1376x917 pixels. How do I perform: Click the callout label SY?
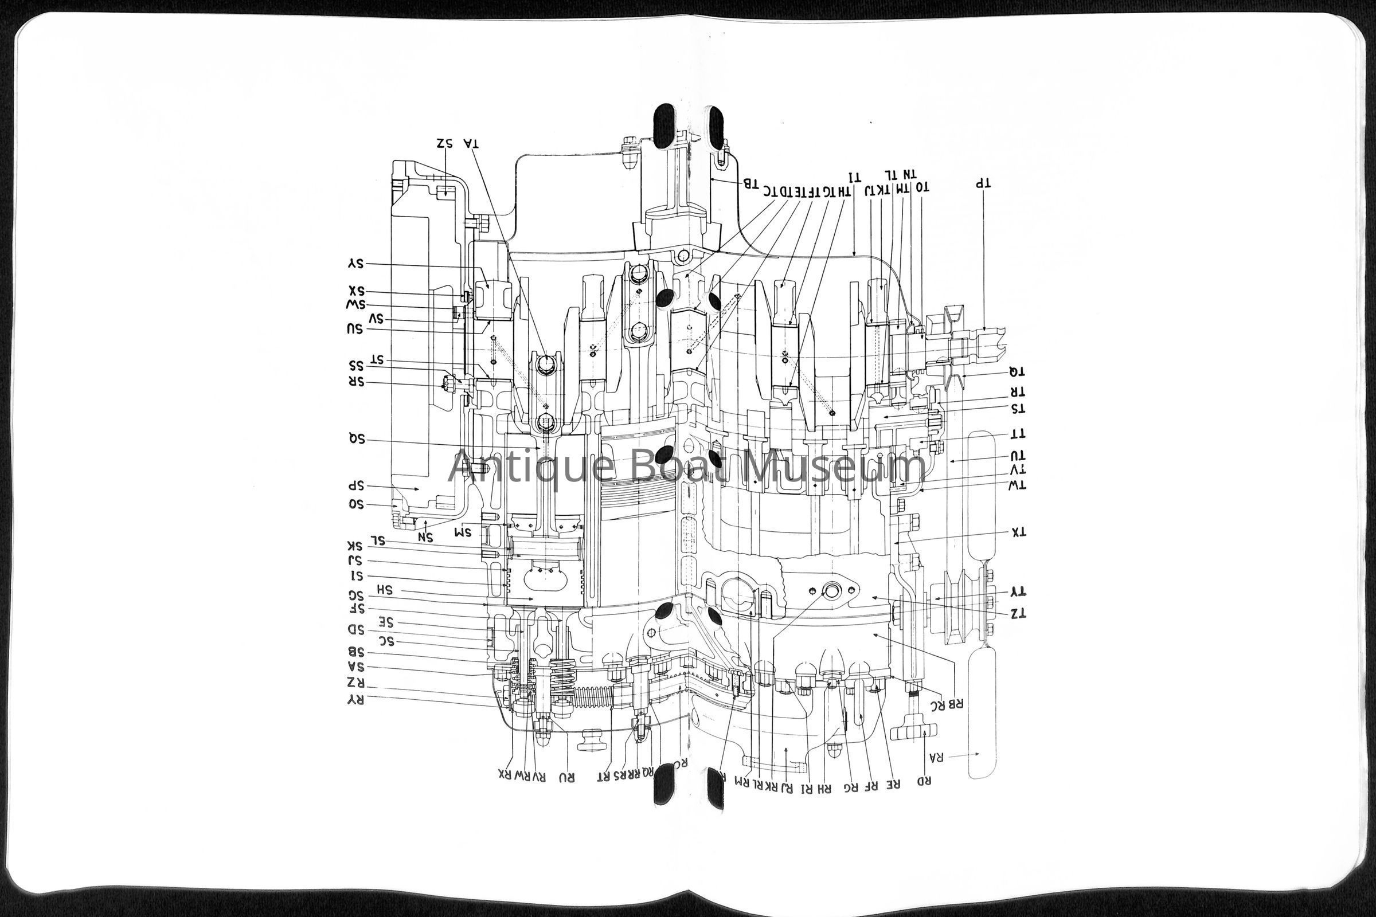point(355,264)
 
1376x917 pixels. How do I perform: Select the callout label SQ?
point(356,439)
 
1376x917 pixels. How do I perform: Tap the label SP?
point(356,486)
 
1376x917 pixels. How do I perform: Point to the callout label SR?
point(356,382)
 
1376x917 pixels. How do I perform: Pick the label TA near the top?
point(470,143)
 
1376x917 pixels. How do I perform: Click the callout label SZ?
point(445,143)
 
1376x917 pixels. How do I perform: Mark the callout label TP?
point(982,183)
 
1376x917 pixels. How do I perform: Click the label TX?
point(1019,532)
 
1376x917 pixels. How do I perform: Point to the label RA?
point(936,757)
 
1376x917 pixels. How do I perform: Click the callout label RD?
point(924,781)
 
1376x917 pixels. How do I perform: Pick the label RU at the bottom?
point(566,777)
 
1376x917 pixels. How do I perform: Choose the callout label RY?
point(355,699)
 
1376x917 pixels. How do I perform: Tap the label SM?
point(463,532)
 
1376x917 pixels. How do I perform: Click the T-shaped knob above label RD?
point(914,730)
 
